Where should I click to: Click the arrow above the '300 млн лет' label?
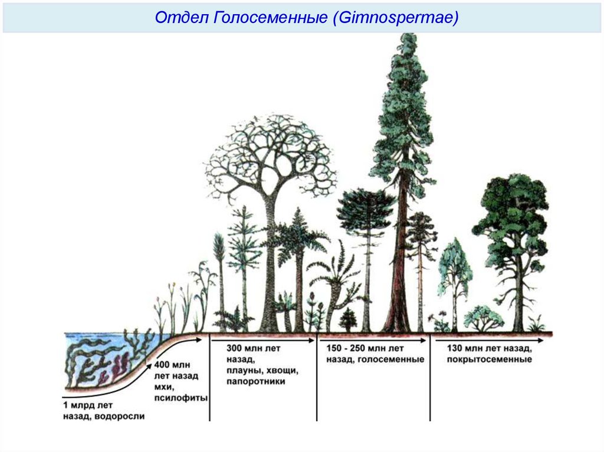tap(262, 339)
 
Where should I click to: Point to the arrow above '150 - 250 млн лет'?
tap(372, 339)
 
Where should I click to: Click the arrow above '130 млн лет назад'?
tap(490, 339)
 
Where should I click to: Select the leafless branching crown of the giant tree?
tap(270, 153)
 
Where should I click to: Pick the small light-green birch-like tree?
tap(454, 271)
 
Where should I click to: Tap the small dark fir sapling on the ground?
tap(348, 320)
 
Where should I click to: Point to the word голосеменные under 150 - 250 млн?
tap(394, 359)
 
